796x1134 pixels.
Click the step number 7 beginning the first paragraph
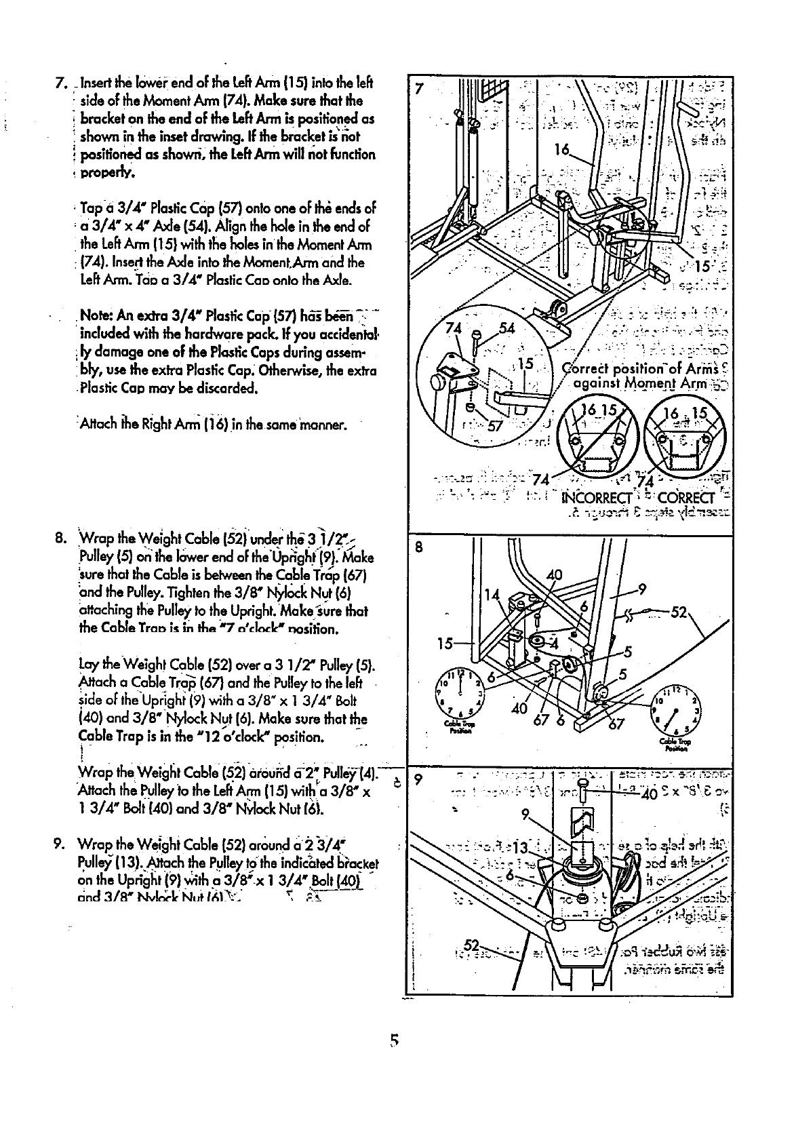pos(59,84)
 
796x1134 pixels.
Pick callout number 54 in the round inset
pos(508,330)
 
